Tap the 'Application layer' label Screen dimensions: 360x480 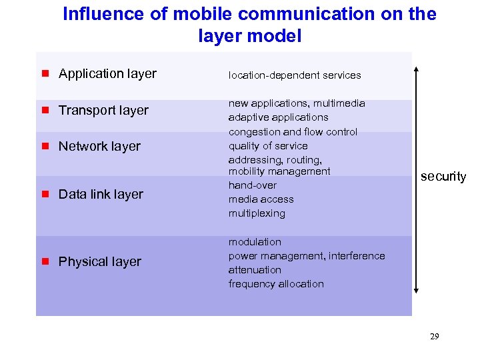click(x=107, y=74)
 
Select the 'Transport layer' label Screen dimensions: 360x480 click(x=103, y=111)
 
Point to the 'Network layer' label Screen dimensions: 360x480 click(x=99, y=147)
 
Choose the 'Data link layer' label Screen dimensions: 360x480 click(x=101, y=195)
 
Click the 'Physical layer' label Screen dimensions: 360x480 click(x=99, y=262)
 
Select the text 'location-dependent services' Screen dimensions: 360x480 click(x=295, y=76)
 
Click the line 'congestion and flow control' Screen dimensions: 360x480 click(x=293, y=132)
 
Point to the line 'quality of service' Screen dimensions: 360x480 click(x=268, y=146)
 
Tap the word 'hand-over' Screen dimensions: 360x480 click(x=252, y=185)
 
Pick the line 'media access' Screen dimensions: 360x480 click(x=261, y=199)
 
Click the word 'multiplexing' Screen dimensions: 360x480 click(x=257, y=213)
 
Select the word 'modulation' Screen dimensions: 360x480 click(x=255, y=242)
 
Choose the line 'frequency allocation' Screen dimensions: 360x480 click(x=276, y=284)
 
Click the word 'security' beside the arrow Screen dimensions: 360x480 click(x=443, y=177)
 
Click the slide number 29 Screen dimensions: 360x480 click(x=434, y=337)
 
